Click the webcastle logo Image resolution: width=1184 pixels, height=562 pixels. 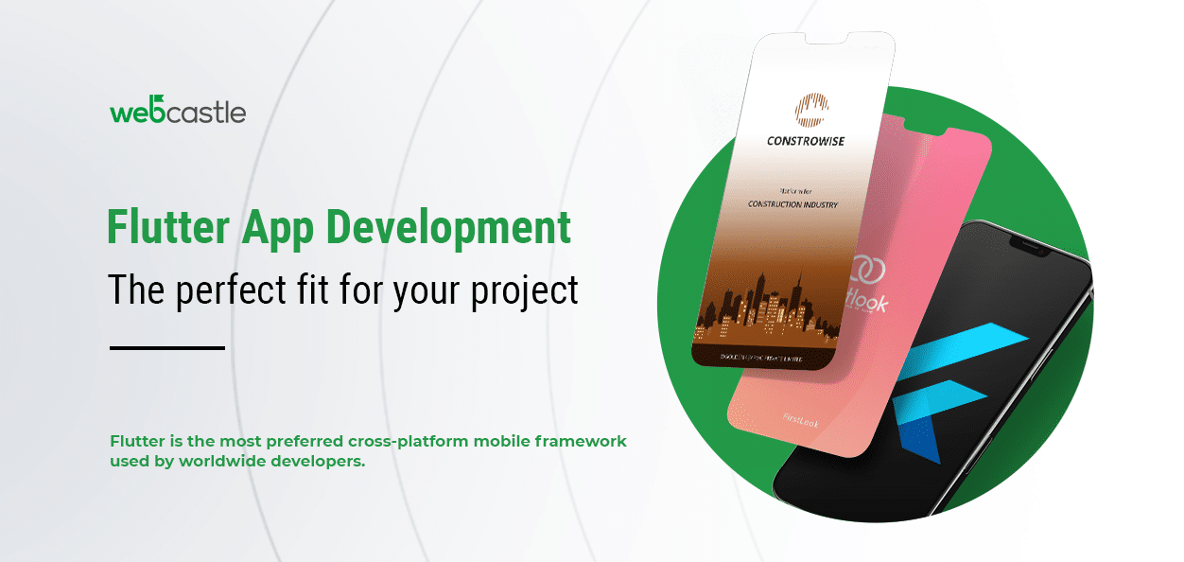click(x=177, y=111)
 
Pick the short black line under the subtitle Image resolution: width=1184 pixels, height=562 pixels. click(x=167, y=348)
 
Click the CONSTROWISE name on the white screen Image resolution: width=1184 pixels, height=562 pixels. click(x=806, y=142)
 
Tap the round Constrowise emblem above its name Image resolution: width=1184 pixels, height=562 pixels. click(x=810, y=109)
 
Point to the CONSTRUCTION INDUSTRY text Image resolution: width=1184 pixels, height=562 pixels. click(x=792, y=204)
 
